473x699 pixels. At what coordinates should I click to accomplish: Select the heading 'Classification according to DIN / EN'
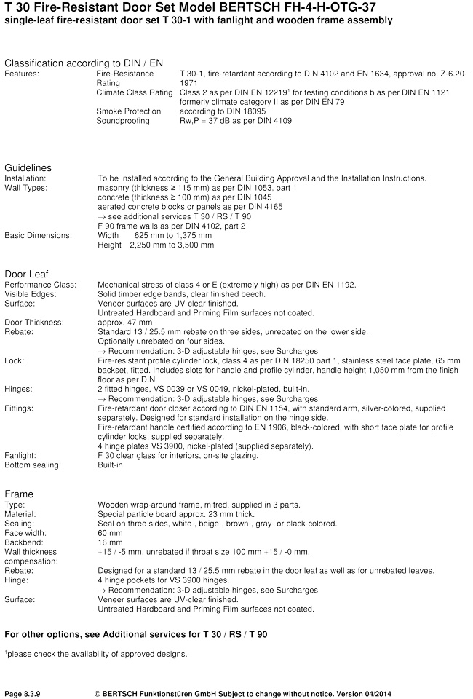84,63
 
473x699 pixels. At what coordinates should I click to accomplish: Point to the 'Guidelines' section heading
28,167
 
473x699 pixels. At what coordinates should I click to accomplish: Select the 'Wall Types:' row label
25,188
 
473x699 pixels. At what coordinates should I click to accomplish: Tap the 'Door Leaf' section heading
26,273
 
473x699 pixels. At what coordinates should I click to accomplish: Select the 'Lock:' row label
15,360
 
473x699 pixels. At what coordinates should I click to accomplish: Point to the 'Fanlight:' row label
20,455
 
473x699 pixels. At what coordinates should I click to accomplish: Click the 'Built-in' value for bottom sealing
111,465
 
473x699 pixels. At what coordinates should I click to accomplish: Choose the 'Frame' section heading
19,494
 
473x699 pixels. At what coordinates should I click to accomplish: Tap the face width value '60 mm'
110,532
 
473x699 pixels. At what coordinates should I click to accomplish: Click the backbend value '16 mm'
110,542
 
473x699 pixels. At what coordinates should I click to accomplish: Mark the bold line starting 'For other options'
136,634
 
